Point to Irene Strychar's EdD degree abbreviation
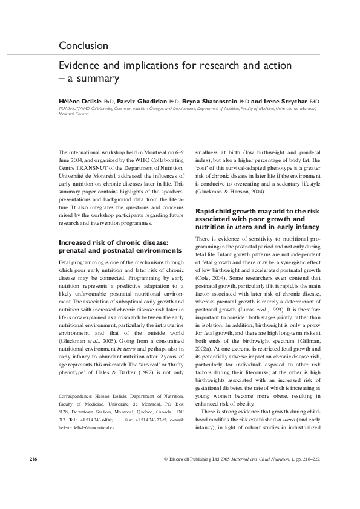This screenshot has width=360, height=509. pyautogui.click(x=314, y=101)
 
